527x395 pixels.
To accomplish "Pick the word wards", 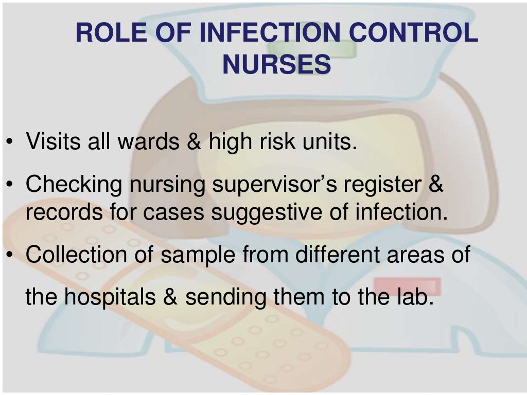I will [x=148, y=141].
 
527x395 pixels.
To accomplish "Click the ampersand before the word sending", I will [x=171, y=298].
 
